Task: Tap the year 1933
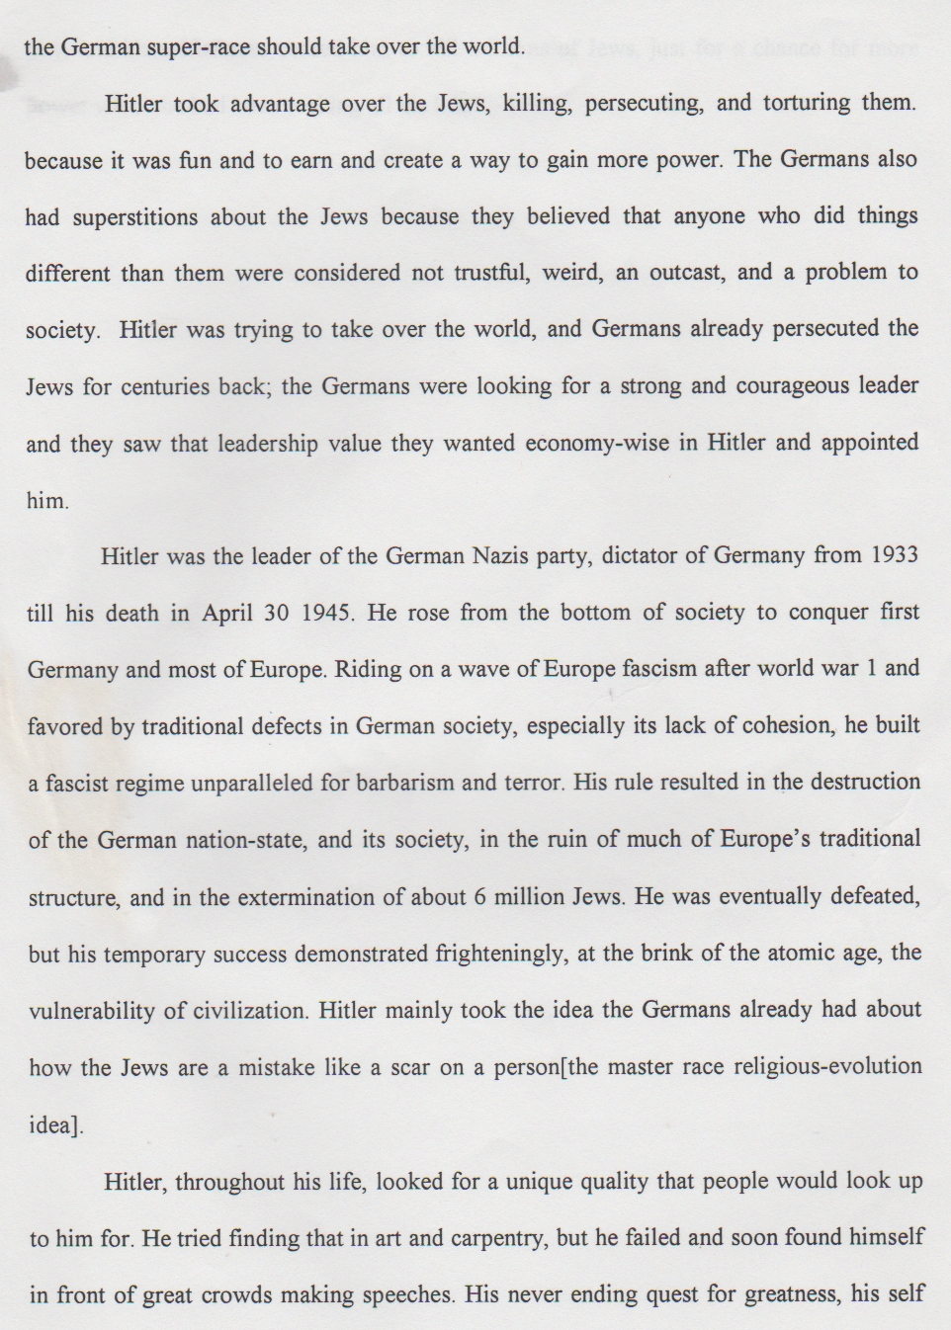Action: click(x=895, y=554)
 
